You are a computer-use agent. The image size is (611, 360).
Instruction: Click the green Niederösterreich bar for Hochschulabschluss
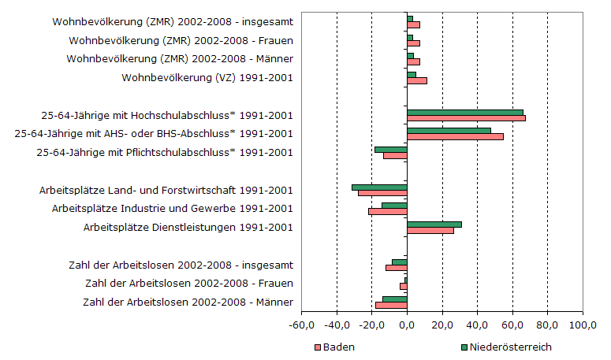pos(465,113)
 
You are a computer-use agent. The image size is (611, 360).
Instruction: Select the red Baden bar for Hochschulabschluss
pos(466,119)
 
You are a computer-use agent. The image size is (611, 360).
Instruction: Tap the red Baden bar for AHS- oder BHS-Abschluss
pos(455,137)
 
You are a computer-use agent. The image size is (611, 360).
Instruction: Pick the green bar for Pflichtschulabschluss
pos(391,149)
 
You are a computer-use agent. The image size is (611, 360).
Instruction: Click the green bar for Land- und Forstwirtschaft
pos(379,187)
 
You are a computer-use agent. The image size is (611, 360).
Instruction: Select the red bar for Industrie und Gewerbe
pos(388,212)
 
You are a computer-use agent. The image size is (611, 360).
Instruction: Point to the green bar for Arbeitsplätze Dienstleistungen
pos(434,224)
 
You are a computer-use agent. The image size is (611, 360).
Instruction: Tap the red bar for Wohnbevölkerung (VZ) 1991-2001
pos(417,80)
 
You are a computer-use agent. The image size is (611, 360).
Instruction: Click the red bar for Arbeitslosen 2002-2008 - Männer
pos(391,306)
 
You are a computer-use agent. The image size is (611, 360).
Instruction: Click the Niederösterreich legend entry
pos(505,347)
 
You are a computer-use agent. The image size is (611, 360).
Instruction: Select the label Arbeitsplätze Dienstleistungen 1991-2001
pos(188,228)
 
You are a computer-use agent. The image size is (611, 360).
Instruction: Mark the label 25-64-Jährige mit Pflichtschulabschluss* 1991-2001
pos(165,152)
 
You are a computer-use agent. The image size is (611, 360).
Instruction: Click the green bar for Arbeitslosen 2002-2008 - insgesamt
pos(400,262)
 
